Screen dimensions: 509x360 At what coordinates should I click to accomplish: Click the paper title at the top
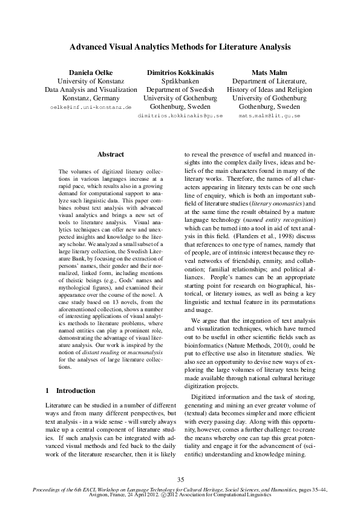tap(180, 46)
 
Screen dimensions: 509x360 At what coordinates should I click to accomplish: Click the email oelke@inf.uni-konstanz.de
tap(90, 106)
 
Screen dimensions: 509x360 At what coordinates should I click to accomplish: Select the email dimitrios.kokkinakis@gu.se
tap(180, 115)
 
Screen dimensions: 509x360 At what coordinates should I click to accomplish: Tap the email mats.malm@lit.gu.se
tap(269, 115)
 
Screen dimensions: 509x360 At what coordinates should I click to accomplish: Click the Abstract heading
tap(111, 155)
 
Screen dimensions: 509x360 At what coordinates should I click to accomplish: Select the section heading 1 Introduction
tap(70, 391)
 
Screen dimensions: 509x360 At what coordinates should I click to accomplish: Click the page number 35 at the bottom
tap(180, 479)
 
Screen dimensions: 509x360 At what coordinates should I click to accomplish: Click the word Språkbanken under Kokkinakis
tap(180, 81)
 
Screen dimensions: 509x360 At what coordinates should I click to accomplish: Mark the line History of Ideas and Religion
tap(269, 89)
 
